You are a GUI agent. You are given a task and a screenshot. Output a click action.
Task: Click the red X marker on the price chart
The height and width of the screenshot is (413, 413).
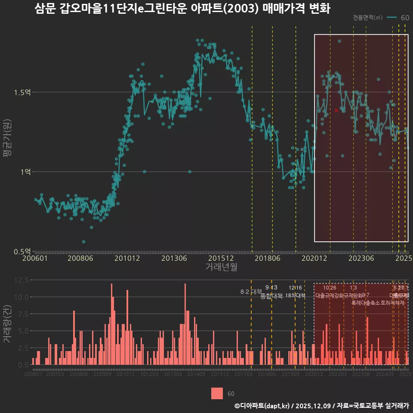tap(336, 111)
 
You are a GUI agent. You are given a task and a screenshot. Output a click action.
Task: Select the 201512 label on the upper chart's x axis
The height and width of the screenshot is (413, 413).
tap(221, 259)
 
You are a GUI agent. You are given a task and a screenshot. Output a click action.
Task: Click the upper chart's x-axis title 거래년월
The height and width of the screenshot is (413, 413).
tap(221, 267)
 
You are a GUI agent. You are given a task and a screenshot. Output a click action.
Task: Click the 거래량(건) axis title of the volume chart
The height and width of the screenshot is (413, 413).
tap(7, 324)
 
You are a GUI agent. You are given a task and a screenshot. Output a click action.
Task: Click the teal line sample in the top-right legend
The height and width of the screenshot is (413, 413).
tap(392, 18)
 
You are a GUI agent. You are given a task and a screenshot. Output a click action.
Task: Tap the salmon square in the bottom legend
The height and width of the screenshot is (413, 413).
tap(217, 393)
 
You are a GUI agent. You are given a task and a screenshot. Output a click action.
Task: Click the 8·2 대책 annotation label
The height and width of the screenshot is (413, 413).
tap(251, 292)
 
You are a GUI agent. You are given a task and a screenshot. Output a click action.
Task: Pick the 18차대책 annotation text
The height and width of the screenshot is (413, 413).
tap(295, 296)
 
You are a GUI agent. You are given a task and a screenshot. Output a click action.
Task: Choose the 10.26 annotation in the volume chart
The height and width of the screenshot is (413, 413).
tap(330, 288)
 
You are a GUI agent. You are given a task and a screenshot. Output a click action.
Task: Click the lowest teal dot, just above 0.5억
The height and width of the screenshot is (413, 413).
tap(83, 242)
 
